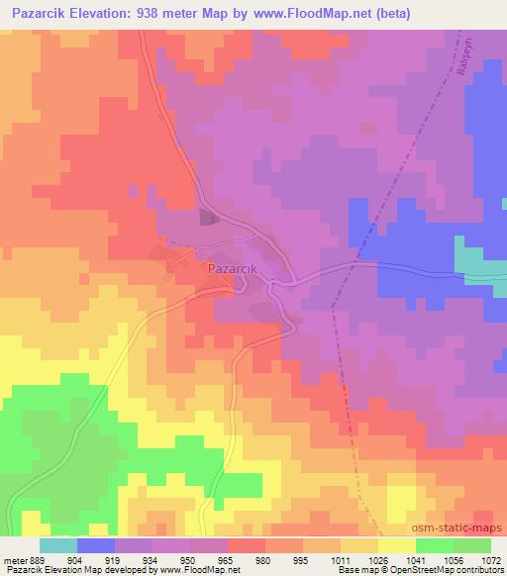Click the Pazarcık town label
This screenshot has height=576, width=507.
coord(234,267)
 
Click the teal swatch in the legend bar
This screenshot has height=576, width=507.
coord(57,545)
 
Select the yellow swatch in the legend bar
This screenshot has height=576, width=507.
coord(396,545)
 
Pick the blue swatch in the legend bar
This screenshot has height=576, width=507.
coord(95,545)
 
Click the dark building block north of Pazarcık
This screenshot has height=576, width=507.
coord(209,219)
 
